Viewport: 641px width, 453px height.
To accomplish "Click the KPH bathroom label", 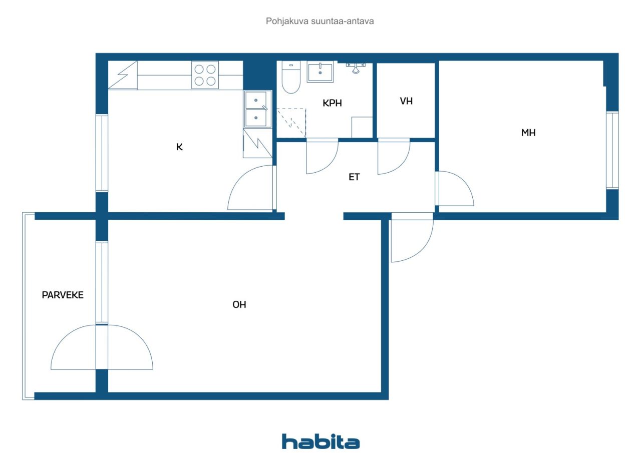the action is (x=332, y=103).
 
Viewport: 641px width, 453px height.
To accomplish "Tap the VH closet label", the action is (x=406, y=101).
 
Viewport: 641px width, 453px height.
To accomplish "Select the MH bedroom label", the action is (x=528, y=133).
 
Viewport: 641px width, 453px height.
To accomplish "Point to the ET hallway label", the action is (x=354, y=177).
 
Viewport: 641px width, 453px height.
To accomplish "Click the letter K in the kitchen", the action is (x=179, y=147).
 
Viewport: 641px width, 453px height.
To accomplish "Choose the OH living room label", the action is (x=239, y=304).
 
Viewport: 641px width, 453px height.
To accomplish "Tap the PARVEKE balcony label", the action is (x=63, y=295).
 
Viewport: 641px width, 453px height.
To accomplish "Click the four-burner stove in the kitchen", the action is (x=205, y=75).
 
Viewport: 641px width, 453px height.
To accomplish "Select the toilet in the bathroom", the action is (x=291, y=77).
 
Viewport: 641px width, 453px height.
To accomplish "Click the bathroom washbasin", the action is (x=320, y=72).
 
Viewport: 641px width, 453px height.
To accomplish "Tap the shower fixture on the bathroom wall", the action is (x=356, y=68).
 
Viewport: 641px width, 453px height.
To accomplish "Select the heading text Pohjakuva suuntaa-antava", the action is (x=320, y=21).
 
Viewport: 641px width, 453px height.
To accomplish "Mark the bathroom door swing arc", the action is (x=329, y=163).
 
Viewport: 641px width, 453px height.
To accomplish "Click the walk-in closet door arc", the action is (x=401, y=164).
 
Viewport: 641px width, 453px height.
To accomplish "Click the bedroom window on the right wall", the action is (x=612, y=150).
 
